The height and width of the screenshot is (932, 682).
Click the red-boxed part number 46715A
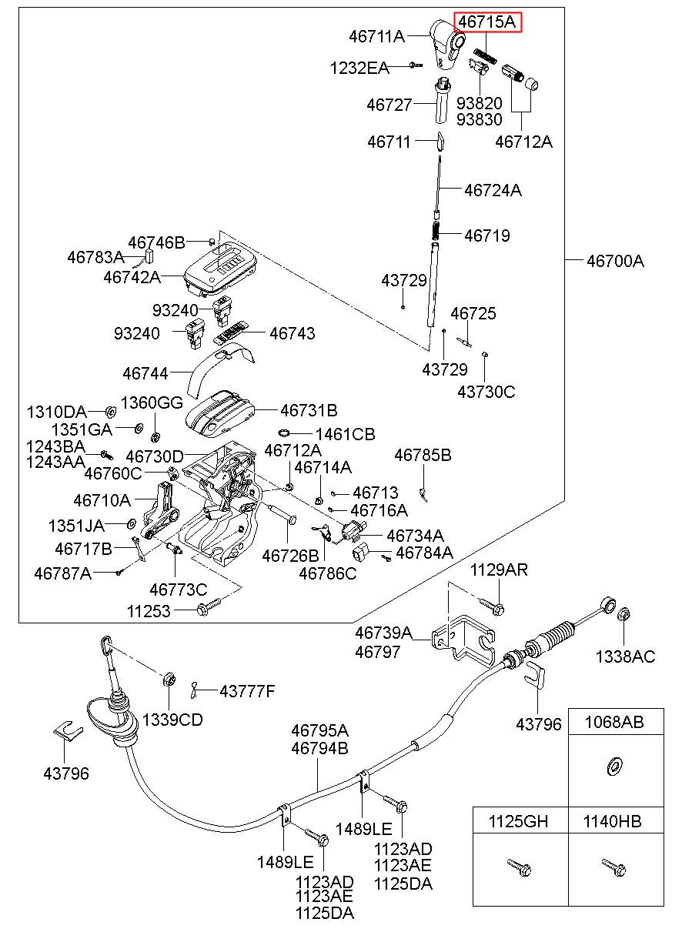point(486,22)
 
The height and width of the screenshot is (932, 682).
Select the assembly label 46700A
point(615,262)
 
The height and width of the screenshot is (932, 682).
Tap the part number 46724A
point(493,190)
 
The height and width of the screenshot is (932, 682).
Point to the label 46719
point(486,236)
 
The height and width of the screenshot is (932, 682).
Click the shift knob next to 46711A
point(447,44)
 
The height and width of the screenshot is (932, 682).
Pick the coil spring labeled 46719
point(436,230)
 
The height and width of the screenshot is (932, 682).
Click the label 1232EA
point(359,68)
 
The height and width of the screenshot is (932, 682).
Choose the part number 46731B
point(309,410)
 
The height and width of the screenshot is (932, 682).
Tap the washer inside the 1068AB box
point(613,767)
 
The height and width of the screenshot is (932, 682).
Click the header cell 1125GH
point(518,822)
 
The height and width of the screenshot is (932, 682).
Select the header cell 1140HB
point(612,822)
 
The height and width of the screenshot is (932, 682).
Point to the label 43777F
point(247,691)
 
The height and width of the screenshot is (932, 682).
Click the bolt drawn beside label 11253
point(209,607)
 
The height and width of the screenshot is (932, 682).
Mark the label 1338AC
point(625,656)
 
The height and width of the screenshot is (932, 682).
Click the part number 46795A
point(319,730)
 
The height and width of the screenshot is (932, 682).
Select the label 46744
point(145,373)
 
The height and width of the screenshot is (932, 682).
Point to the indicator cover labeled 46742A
point(221,269)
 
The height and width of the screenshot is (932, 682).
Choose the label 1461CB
point(345,434)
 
